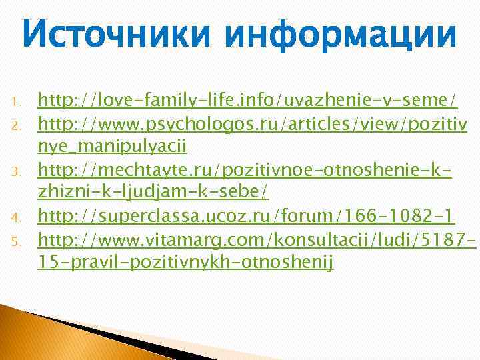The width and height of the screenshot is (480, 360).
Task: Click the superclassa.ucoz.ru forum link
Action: (x=246, y=215)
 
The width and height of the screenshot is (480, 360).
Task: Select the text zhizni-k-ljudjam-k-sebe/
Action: (x=154, y=193)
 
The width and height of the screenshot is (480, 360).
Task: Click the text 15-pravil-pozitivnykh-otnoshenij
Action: (x=185, y=262)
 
